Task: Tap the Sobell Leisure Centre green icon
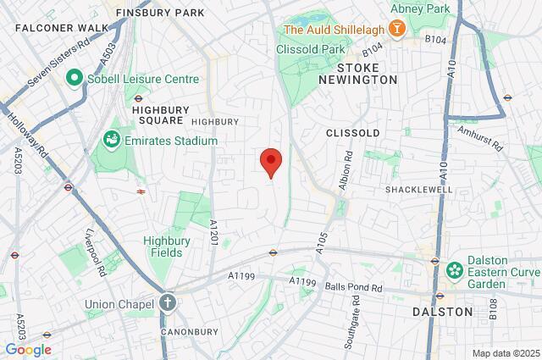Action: coord(74,79)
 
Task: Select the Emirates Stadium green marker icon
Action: coord(111,138)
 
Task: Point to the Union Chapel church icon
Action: coord(168,302)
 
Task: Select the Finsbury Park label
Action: coord(160,13)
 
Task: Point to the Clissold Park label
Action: coord(310,48)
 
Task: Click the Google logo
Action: coord(28,349)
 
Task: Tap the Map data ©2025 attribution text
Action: coord(505,353)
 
